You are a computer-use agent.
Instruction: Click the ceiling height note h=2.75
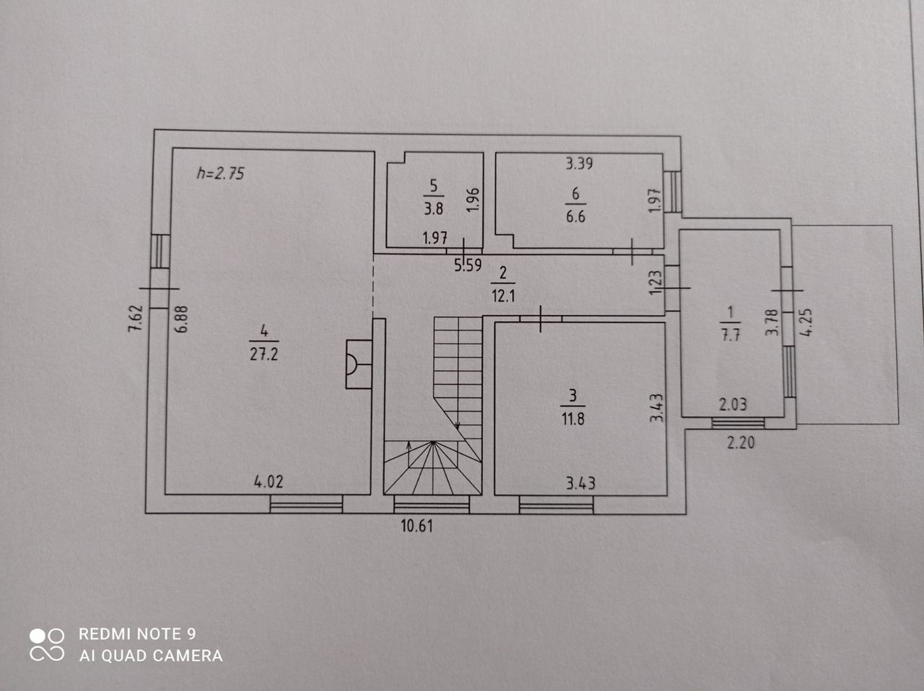click(x=221, y=173)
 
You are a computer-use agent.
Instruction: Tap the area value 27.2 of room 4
click(x=264, y=355)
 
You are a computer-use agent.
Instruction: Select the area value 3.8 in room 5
click(x=434, y=208)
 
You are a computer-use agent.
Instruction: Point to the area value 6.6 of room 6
click(x=575, y=216)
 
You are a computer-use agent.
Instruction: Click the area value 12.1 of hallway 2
click(x=503, y=296)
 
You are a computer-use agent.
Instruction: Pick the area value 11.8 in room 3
click(x=573, y=419)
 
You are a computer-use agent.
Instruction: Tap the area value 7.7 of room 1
click(x=731, y=335)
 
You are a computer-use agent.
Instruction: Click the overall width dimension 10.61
click(x=417, y=526)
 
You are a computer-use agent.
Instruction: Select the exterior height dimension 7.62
click(x=136, y=318)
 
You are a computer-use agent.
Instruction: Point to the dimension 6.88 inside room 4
click(x=182, y=320)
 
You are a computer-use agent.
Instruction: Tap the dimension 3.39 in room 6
click(x=579, y=163)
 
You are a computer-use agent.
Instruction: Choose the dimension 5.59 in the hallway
click(x=468, y=265)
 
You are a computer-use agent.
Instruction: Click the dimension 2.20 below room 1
click(x=741, y=442)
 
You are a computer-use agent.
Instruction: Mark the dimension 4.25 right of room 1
click(x=807, y=322)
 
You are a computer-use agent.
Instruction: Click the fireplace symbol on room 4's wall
click(x=359, y=364)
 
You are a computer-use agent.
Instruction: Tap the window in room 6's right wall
click(x=673, y=192)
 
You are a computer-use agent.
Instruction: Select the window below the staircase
click(x=432, y=504)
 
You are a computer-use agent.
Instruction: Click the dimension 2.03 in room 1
click(x=733, y=405)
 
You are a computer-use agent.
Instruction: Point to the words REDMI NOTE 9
click(x=137, y=634)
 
